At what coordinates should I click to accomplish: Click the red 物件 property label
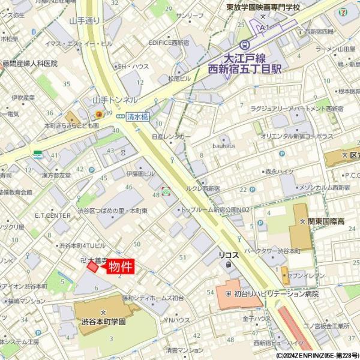(x=120, y=266)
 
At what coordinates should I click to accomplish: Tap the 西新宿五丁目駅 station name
(x=244, y=70)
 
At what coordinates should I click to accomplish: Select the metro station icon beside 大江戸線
(x=245, y=45)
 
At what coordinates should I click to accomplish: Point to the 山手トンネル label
(x=115, y=100)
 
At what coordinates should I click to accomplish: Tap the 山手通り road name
(x=84, y=21)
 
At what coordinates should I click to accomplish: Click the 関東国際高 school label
(x=326, y=222)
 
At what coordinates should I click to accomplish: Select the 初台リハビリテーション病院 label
(x=277, y=294)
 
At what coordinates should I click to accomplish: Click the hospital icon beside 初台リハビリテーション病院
(x=228, y=293)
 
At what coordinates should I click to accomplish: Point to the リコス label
(x=228, y=255)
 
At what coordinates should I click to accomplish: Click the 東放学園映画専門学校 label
(x=263, y=7)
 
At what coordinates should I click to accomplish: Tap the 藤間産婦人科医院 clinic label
(x=29, y=63)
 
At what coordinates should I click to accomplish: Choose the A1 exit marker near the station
(x=264, y=28)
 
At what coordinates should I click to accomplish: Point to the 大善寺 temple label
(x=97, y=260)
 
